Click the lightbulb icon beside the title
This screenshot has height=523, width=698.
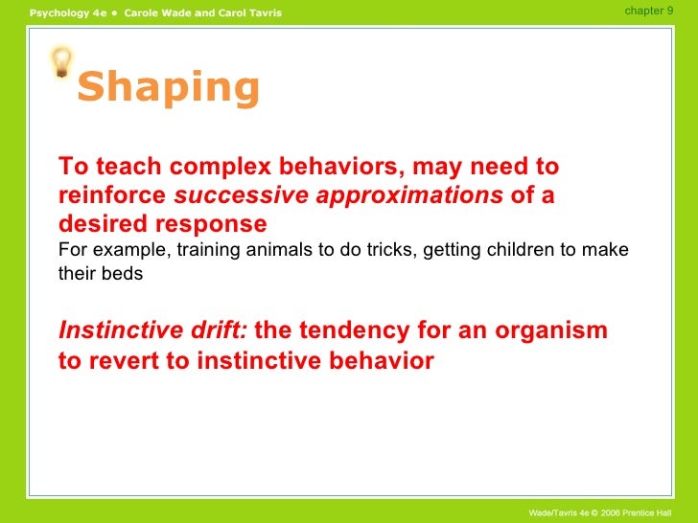[x=62, y=63]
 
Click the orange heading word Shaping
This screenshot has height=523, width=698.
[x=169, y=88]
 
